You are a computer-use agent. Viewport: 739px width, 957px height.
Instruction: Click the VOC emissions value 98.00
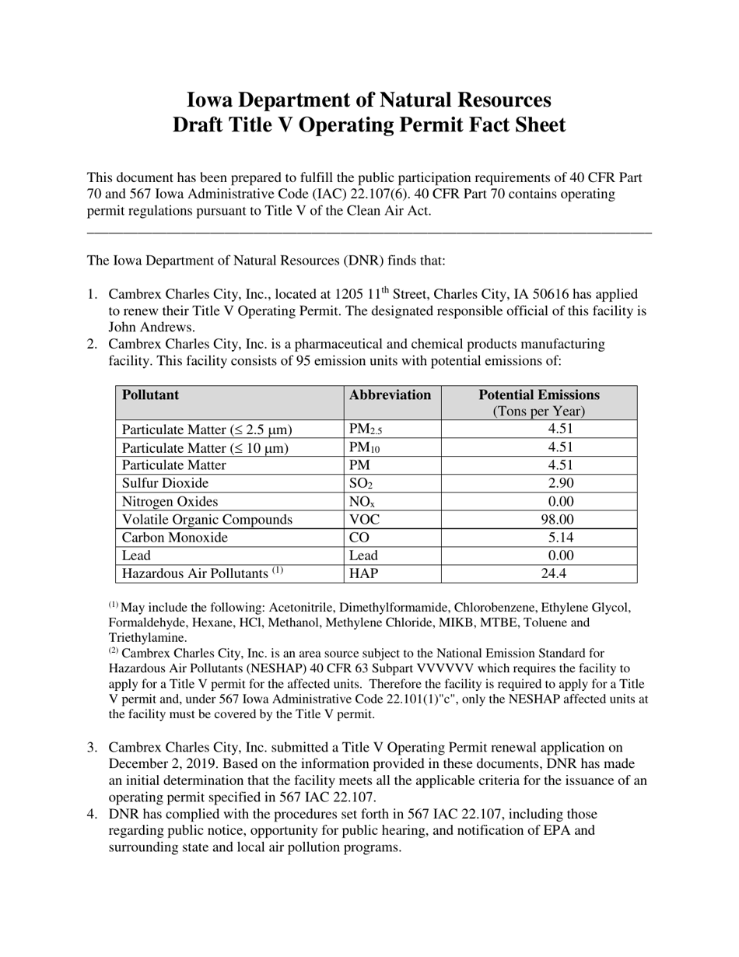(538, 520)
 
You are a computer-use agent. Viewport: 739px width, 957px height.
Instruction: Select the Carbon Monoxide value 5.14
(538, 538)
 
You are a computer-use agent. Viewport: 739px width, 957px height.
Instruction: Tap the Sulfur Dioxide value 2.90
(538, 483)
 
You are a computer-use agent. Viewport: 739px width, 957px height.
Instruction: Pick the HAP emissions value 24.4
(538, 573)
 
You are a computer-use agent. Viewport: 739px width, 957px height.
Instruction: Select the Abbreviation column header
(391, 395)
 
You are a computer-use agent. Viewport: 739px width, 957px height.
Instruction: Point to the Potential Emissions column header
(538, 395)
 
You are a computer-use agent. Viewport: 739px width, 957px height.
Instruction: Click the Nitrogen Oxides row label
(170, 502)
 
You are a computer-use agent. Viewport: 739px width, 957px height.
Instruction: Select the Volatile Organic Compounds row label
(207, 520)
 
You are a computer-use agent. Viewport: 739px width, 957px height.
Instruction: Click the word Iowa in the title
(213, 100)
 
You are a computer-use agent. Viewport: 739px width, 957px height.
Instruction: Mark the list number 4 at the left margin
(92, 815)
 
